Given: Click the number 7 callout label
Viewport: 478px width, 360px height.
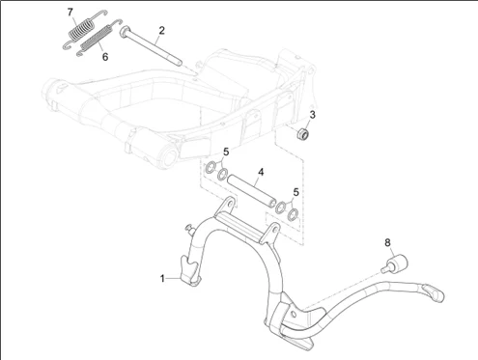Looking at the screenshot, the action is [x=70, y=13].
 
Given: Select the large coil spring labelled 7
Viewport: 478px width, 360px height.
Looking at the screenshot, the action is [x=84, y=30].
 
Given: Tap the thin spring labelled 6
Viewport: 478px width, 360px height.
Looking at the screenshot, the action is [x=98, y=38].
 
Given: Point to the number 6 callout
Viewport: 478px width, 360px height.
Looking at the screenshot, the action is [x=105, y=57].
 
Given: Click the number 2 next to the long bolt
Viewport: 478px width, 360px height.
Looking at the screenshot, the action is [x=161, y=31].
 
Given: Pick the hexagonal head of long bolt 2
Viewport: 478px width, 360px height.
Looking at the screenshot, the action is [x=125, y=32].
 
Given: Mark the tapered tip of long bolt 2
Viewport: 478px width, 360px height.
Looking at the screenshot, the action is [x=179, y=63].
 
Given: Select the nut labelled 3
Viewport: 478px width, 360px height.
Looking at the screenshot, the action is [x=303, y=133].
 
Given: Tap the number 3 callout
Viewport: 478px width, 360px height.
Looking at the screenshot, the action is [x=312, y=115].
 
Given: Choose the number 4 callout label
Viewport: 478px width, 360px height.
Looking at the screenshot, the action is [x=261, y=172].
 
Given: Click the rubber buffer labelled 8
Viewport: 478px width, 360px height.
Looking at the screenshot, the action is [x=395, y=263].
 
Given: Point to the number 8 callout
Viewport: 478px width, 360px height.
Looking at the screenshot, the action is [x=387, y=242].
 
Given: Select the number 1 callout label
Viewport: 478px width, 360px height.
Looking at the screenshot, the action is [x=162, y=279].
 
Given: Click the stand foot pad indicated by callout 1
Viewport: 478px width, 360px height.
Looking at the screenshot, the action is [x=189, y=270].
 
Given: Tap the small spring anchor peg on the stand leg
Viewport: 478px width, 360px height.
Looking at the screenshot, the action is [x=190, y=229].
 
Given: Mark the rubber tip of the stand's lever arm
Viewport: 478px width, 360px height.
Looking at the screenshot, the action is [x=434, y=293].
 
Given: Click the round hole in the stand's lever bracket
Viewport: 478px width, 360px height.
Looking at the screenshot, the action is [x=294, y=314].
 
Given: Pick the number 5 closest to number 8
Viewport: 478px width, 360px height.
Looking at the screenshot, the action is [x=295, y=192].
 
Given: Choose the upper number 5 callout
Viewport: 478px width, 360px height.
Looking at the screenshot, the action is [x=226, y=152].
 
